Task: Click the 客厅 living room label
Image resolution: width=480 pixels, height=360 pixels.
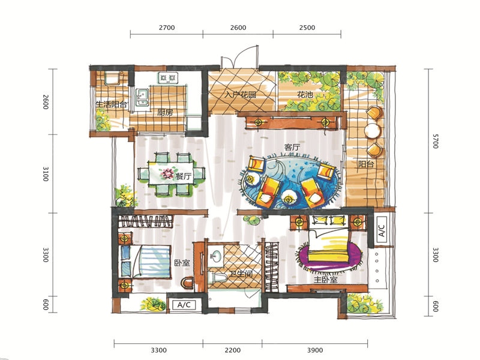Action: click(292, 147)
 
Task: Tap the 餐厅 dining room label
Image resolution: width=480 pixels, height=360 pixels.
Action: click(184, 176)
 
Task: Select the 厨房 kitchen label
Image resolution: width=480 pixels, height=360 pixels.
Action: click(165, 112)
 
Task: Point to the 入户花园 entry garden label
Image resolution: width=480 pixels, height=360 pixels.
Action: click(240, 95)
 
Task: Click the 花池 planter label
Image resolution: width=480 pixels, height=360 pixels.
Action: click(305, 95)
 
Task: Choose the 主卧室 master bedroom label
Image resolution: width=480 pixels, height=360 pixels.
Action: click(325, 280)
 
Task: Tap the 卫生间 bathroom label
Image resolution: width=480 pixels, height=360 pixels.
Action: click(242, 274)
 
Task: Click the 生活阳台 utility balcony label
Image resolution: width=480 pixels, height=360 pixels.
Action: click(112, 104)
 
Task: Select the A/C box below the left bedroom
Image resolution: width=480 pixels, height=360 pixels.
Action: click(184, 305)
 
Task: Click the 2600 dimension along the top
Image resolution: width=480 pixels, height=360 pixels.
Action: click(238, 28)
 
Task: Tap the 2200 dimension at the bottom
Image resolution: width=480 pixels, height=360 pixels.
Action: click(233, 350)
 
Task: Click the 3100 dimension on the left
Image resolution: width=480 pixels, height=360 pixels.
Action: click(46, 173)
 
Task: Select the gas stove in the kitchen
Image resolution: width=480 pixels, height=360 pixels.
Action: click(168, 78)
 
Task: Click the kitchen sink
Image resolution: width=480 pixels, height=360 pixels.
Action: click(142, 97)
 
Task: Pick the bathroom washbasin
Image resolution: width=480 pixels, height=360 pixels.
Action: click(216, 255)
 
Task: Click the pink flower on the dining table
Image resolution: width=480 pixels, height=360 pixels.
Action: click(167, 174)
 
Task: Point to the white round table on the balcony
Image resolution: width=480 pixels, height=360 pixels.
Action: click(371, 130)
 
